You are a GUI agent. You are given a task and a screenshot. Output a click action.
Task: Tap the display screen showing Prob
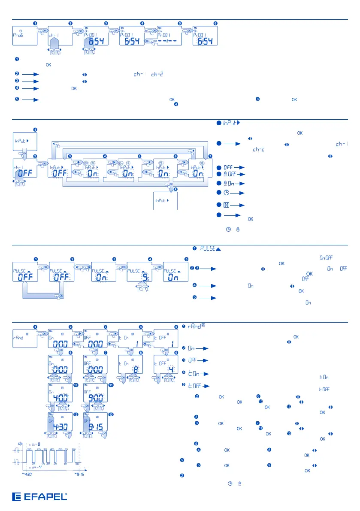[x=24, y=35]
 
